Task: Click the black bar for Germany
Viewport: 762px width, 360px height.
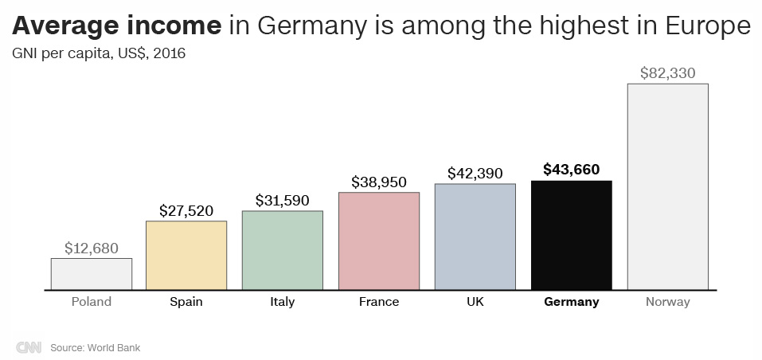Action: tap(571, 235)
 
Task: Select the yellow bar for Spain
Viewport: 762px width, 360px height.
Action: tap(186, 255)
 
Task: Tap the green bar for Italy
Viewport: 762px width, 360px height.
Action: tap(283, 250)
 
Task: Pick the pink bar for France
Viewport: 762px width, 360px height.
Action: tap(379, 241)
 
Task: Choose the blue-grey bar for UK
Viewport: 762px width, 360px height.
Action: tap(475, 237)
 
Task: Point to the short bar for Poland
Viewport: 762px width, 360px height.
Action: tap(92, 274)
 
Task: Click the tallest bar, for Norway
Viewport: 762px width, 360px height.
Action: tap(667, 186)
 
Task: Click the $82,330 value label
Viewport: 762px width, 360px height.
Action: tap(667, 73)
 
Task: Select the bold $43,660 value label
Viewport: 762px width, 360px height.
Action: tap(571, 170)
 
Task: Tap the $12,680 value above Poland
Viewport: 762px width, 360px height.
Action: tap(92, 248)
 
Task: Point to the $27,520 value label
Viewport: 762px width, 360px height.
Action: tap(186, 211)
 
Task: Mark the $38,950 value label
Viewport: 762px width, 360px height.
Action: tap(379, 182)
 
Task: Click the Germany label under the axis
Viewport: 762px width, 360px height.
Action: tap(571, 302)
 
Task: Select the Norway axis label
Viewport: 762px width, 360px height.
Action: tap(667, 302)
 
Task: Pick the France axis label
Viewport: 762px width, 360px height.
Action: tap(379, 302)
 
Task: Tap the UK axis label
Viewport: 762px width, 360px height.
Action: tap(475, 302)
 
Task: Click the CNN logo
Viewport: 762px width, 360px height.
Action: tap(29, 348)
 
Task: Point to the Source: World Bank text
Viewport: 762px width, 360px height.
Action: tap(96, 348)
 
